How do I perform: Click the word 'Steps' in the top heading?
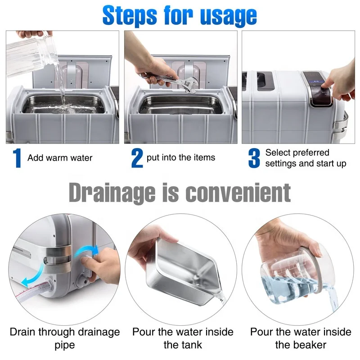pos(130,16)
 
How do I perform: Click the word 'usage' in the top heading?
pos(229,17)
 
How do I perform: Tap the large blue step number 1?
pos(17,158)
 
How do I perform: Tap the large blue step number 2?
pos(137,158)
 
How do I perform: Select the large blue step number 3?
pos(254,158)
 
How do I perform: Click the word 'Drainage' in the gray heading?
pos(112,193)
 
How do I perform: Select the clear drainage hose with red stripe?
pos(34,290)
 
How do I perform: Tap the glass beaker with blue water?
pos(296,275)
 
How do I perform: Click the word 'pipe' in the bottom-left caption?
pos(65,345)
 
